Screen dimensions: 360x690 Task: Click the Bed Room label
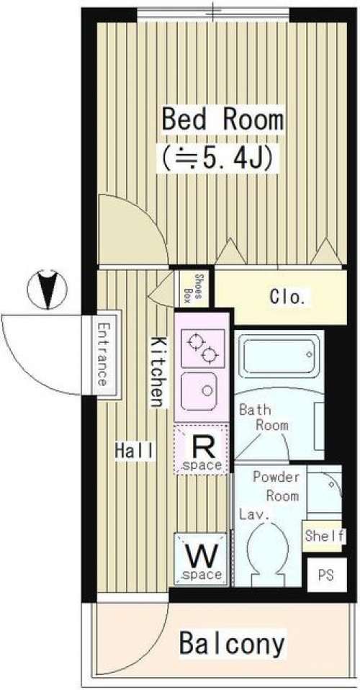[x=222, y=120]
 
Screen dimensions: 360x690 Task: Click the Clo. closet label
[x=287, y=297]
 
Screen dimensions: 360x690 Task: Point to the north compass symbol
[x=47, y=290]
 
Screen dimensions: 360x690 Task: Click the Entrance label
[x=103, y=354]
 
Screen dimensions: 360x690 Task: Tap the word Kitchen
[x=159, y=372]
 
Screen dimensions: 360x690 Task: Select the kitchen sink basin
[x=199, y=389]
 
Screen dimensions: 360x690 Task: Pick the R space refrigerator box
[x=201, y=449]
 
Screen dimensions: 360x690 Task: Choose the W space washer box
[x=201, y=559]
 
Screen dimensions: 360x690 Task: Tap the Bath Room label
[x=264, y=417]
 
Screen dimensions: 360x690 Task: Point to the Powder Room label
[x=276, y=486]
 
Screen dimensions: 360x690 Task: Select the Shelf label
[x=325, y=537]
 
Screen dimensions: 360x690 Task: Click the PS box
[x=327, y=575]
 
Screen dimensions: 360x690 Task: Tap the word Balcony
[x=232, y=644]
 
